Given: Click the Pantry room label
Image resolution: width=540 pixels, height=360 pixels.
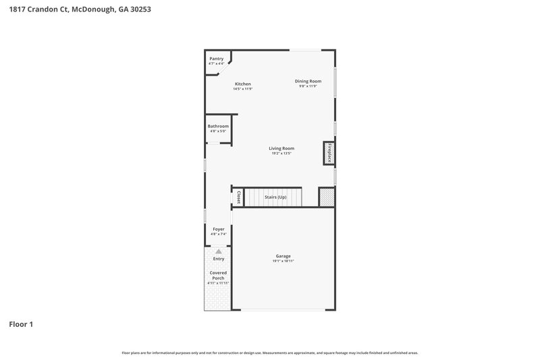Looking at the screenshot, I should click(x=216, y=59).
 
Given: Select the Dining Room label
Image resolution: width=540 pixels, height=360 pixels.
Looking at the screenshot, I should click(x=307, y=81).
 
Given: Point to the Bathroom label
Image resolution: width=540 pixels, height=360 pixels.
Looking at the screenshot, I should click(x=218, y=126).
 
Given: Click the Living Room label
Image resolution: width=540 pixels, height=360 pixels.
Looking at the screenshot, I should click(x=281, y=149).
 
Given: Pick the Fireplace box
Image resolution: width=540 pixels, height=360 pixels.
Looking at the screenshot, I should click(x=329, y=153).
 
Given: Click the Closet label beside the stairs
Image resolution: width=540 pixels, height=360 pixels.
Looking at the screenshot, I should click(x=238, y=197).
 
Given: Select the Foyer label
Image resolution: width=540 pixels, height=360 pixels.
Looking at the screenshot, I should click(x=218, y=230).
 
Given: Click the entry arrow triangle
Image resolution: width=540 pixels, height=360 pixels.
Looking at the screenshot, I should click(x=218, y=251).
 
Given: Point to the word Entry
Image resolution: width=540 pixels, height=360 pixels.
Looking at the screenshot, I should click(x=218, y=259).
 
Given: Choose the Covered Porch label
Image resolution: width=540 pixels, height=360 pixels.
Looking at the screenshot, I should click(x=218, y=276).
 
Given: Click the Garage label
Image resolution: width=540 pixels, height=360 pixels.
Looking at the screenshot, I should click(x=283, y=256).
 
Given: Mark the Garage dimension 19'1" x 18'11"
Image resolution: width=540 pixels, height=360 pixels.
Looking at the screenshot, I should click(x=283, y=261).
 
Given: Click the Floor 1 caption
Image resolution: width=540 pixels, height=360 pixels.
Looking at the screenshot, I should click(x=21, y=324).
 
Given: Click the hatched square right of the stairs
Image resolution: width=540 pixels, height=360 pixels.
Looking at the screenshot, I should click(x=327, y=197).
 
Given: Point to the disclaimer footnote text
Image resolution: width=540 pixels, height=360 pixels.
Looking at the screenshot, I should click(x=270, y=353).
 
